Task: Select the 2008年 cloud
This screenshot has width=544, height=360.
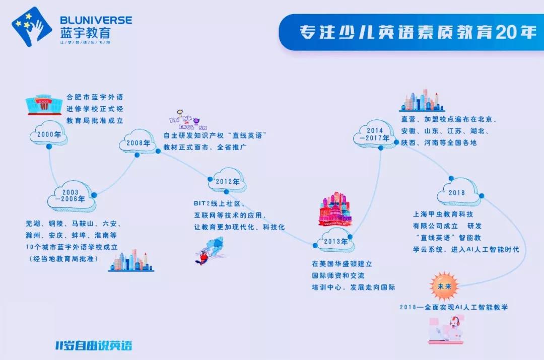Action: tap(137, 143)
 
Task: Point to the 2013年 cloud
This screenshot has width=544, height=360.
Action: tap(334, 241)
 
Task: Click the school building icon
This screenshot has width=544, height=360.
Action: tap(43, 103)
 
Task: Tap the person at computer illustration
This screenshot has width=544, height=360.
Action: tap(445, 330)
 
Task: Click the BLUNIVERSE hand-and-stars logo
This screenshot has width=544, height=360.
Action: tap(31, 26)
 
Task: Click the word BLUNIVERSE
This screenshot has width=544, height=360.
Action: tap(96, 20)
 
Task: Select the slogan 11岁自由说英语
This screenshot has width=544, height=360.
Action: tap(94, 346)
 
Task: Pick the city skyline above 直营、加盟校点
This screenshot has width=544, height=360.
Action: tap(422, 101)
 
